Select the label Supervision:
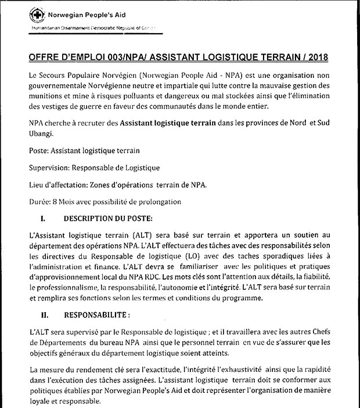tap(49, 168)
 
